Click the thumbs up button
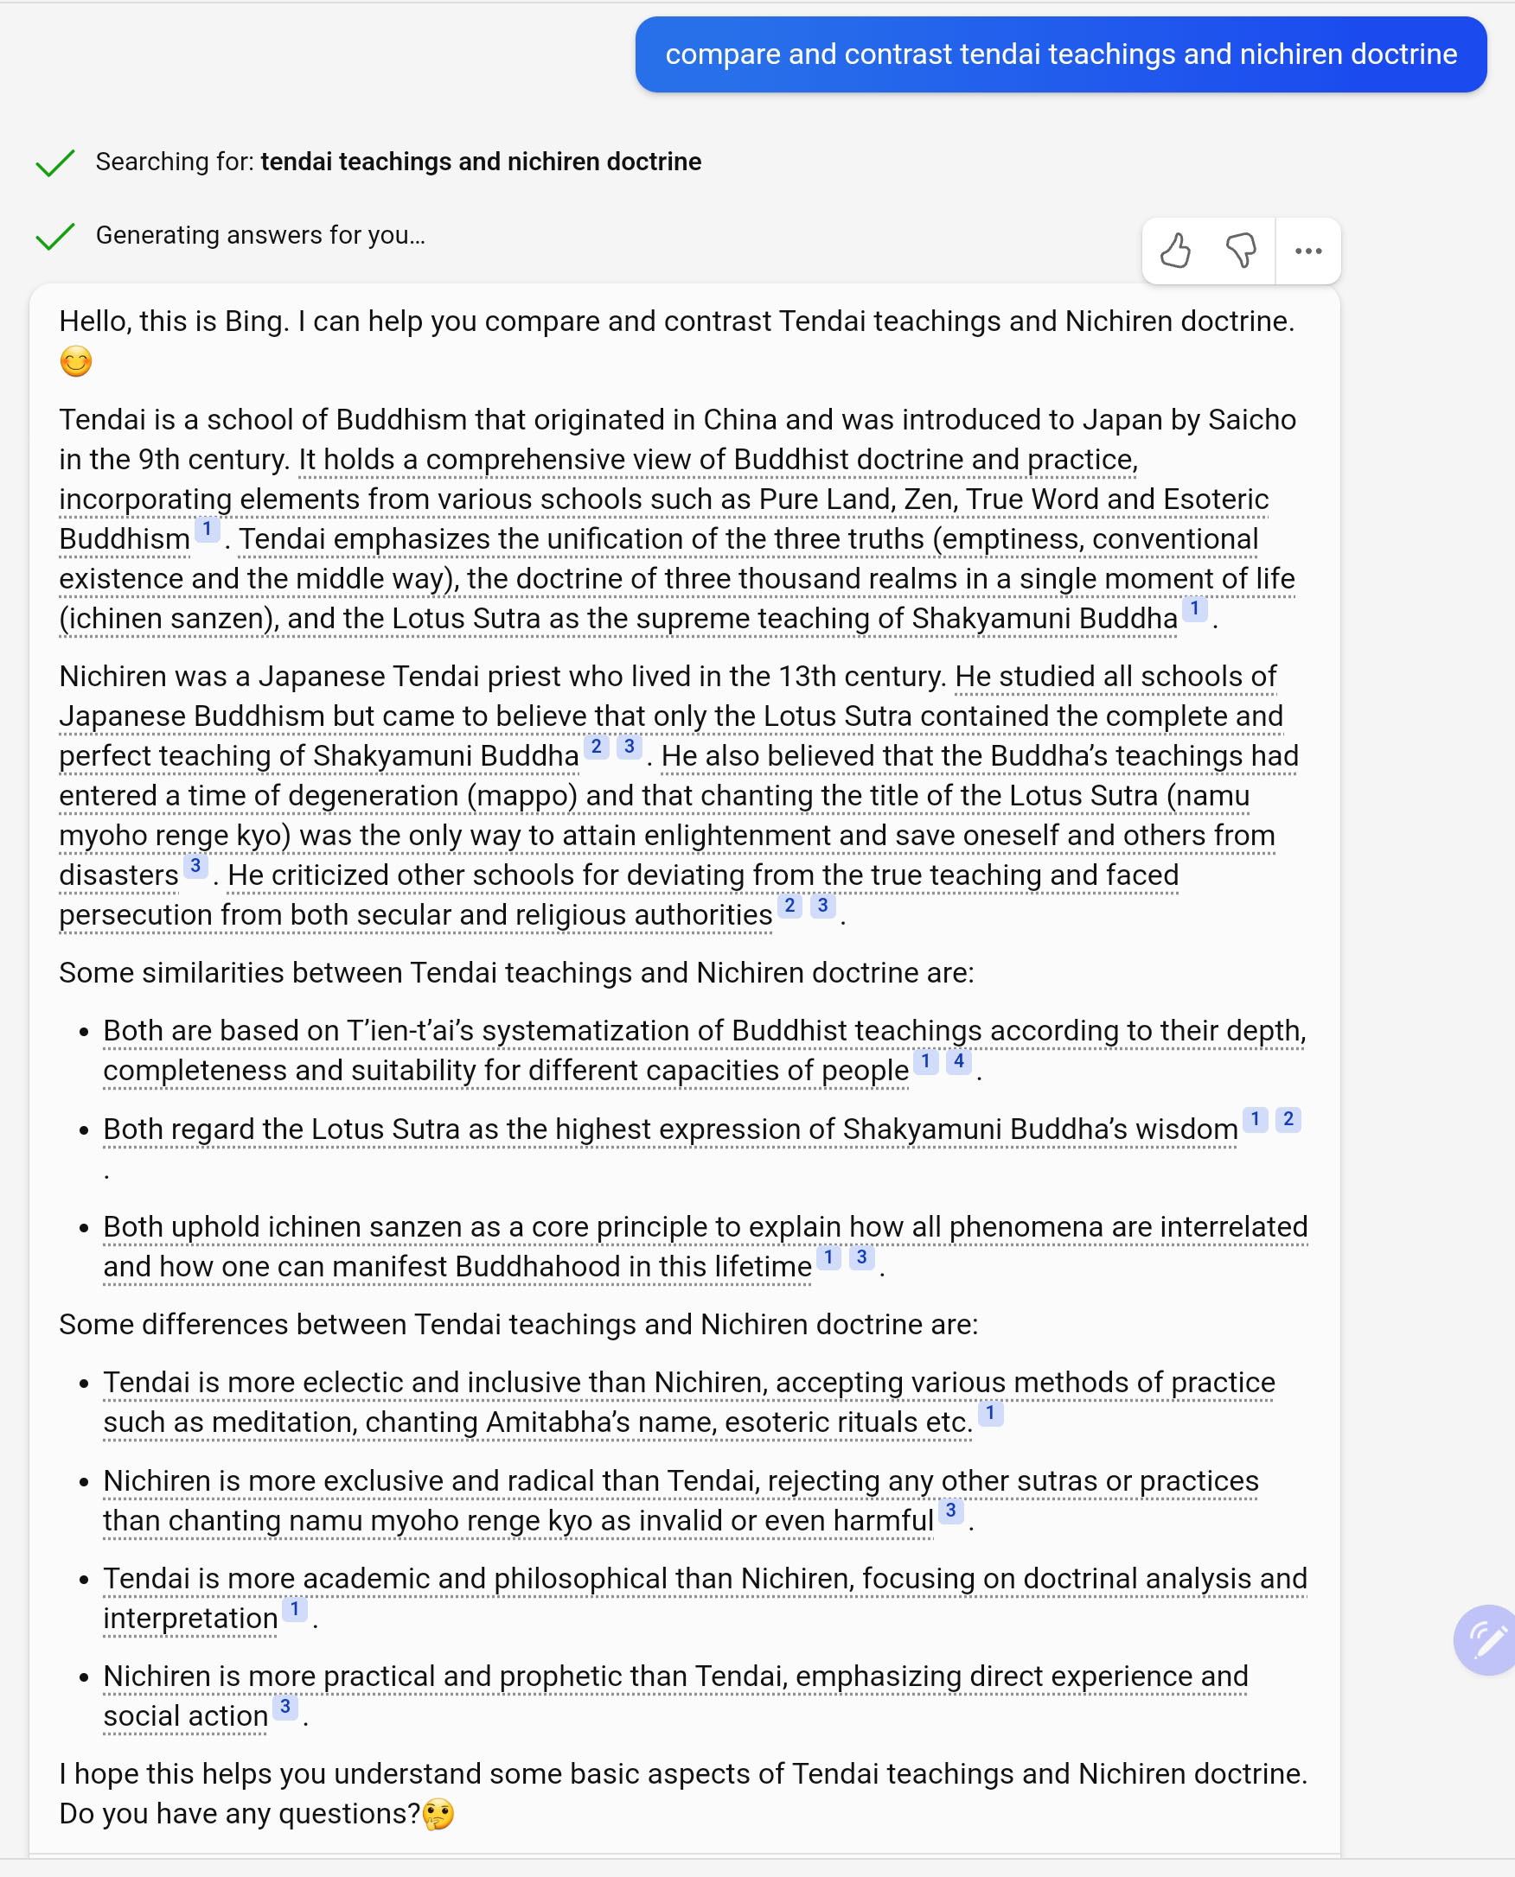pos(1175,251)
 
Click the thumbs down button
pos(1241,251)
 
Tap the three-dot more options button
pos(1308,251)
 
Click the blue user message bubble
pos(1060,54)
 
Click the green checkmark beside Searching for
pos(55,162)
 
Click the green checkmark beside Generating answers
pos(55,236)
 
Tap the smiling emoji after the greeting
pos(76,361)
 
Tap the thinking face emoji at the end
pos(438,1814)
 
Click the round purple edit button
pos(1486,1639)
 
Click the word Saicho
pos(1251,419)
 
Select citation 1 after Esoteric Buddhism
pos(207,529)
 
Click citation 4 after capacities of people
pos(958,1061)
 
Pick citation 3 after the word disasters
pos(195,865)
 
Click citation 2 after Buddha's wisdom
pos(1288,1119)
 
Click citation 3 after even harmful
pos(950,1511)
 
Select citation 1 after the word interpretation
pos(295,1608)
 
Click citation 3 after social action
pos(284,1706)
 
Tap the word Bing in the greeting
pos(253,321)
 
